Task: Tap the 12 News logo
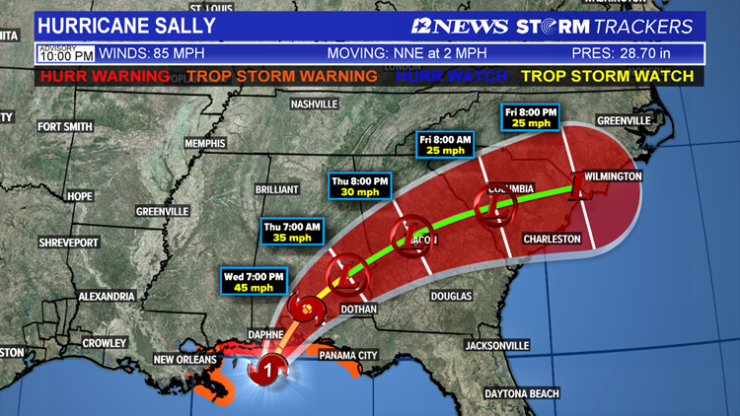[461, 25]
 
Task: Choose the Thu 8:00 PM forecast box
[359, 186]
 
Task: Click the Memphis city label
[205, 144]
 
